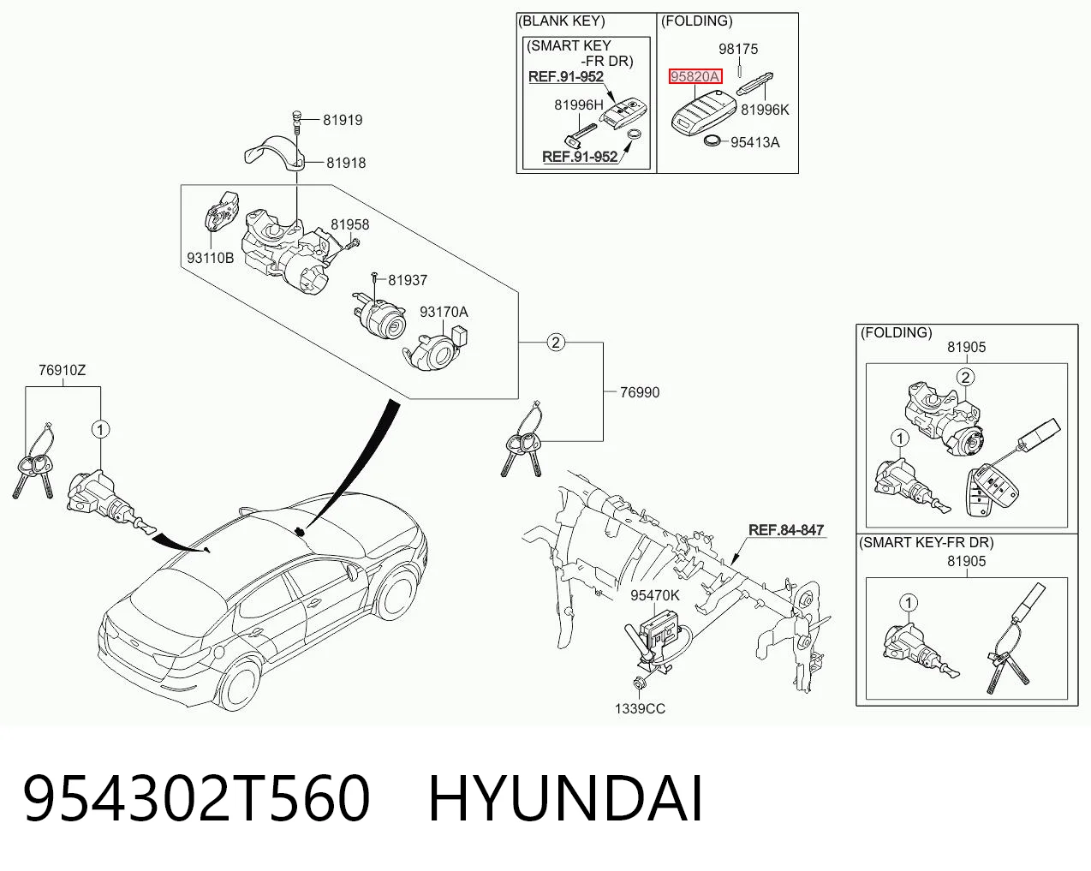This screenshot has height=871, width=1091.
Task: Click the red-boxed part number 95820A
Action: [695, 76]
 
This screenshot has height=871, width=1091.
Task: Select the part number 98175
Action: [738, 49]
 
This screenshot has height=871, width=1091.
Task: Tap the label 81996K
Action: [765, 110]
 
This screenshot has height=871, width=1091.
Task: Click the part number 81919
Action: [343, 120]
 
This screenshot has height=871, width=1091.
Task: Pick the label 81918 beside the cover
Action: [346, 163]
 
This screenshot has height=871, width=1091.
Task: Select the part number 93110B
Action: [211, 258]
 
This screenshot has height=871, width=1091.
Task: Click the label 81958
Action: [349, 224]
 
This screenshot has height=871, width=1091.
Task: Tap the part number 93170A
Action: [444, 312]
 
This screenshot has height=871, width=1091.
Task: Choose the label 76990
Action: [640, 392]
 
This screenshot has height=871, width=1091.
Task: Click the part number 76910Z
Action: [63, 370]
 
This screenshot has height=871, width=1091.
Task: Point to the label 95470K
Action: [655, 595]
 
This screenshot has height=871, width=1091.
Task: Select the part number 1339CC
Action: [640, 709]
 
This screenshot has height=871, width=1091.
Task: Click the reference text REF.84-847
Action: [786, 530]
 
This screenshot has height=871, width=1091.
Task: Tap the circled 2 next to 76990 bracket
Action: [556, 343]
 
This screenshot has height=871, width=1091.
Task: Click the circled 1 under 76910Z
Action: [100, 430]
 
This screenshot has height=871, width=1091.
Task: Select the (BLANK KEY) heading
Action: [561, 21]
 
